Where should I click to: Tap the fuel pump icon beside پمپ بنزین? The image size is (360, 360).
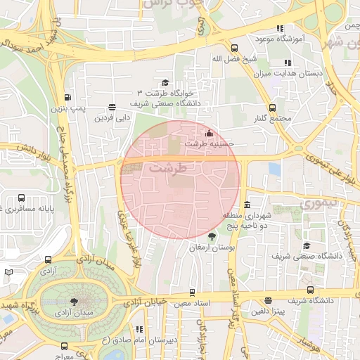click(x=67, y=98)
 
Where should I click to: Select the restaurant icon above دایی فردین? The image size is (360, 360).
click(x=112, y=107)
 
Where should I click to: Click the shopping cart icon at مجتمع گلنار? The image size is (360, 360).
click(x=273, y=107)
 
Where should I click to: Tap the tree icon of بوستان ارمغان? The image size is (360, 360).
click(x=212, y=237)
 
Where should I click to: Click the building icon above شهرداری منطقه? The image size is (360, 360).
click(x=247, y=205)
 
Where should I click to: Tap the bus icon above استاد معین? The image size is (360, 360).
click(x=192, y=292)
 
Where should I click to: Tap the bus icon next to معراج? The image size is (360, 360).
click(x=65, y=345)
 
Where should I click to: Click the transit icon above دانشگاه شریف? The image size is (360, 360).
click(x=310, y=290)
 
